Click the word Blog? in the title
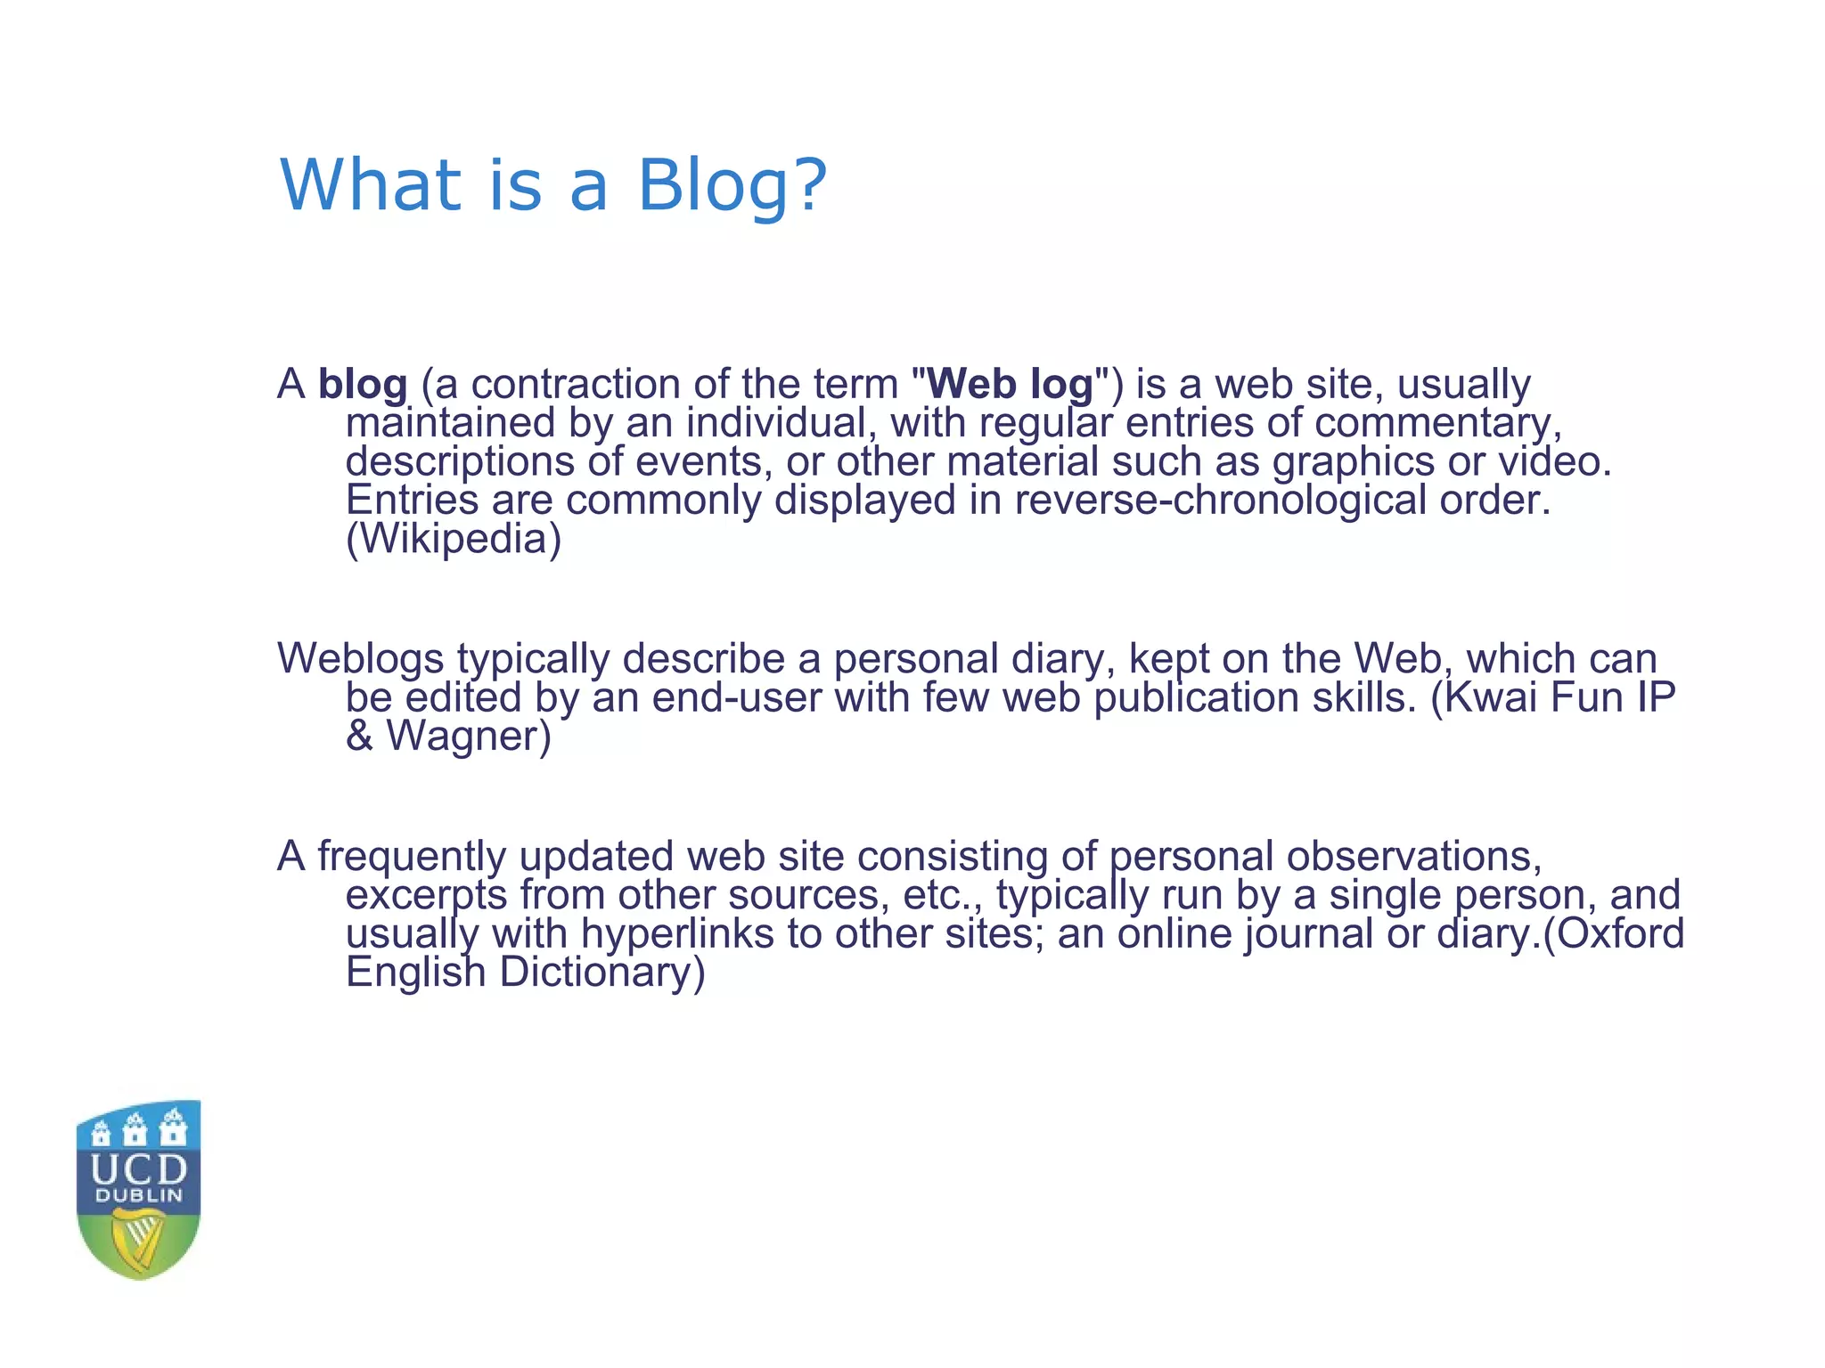pyautogui.click(x=732, y=186)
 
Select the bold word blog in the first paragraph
pyautogui.click(x=363, y=386)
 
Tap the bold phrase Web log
pyautogui.click(x=1011, y=385)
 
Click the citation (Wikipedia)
pyautogui.click(x=454, y=539)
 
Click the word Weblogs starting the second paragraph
pyautogui.click(x=361, y=659)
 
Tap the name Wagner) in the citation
pyautogui.click(x=469, y=737)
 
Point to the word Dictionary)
pyautogui.click(x=602, y=973)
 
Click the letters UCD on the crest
pyautogui.click(x=139, y=1169)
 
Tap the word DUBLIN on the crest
pyautogui.click(x=139, y=1196)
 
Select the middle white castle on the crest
pyautogui.click(x=135, y=1129)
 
